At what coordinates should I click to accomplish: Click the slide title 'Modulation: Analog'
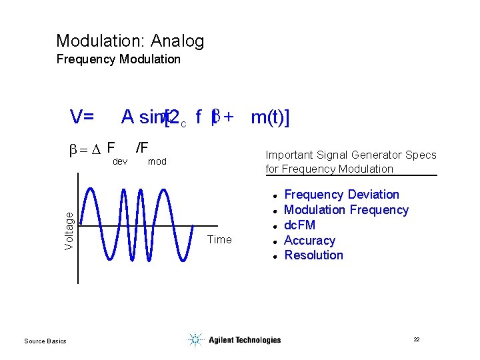click(130, 41)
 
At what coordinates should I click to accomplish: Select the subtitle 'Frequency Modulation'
click(118, 59)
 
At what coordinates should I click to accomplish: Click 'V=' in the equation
click(82, 117)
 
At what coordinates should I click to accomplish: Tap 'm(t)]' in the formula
click(269, 118)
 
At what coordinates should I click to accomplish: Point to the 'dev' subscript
click(120, 161)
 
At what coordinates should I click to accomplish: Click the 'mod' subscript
click(157, 161)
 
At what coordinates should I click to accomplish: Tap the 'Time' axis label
click(219, 239)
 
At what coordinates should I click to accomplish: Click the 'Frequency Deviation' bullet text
click(341, 195)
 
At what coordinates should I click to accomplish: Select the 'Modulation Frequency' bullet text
click(346, 210)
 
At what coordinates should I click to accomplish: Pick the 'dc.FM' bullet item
click(299, 225)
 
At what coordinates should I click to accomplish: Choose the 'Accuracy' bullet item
click(309, 241)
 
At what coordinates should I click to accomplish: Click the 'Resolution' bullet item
click(313, 255)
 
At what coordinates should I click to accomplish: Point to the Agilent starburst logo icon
click(195, 340)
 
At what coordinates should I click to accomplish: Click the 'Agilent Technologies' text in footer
click(245, 340)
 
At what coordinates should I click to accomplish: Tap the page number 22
click(416, 339)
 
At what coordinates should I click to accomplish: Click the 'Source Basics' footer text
click(45, 341)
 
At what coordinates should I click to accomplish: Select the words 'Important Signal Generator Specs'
click(351, 155)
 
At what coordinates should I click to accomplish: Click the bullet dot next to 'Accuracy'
click(274, 241)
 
